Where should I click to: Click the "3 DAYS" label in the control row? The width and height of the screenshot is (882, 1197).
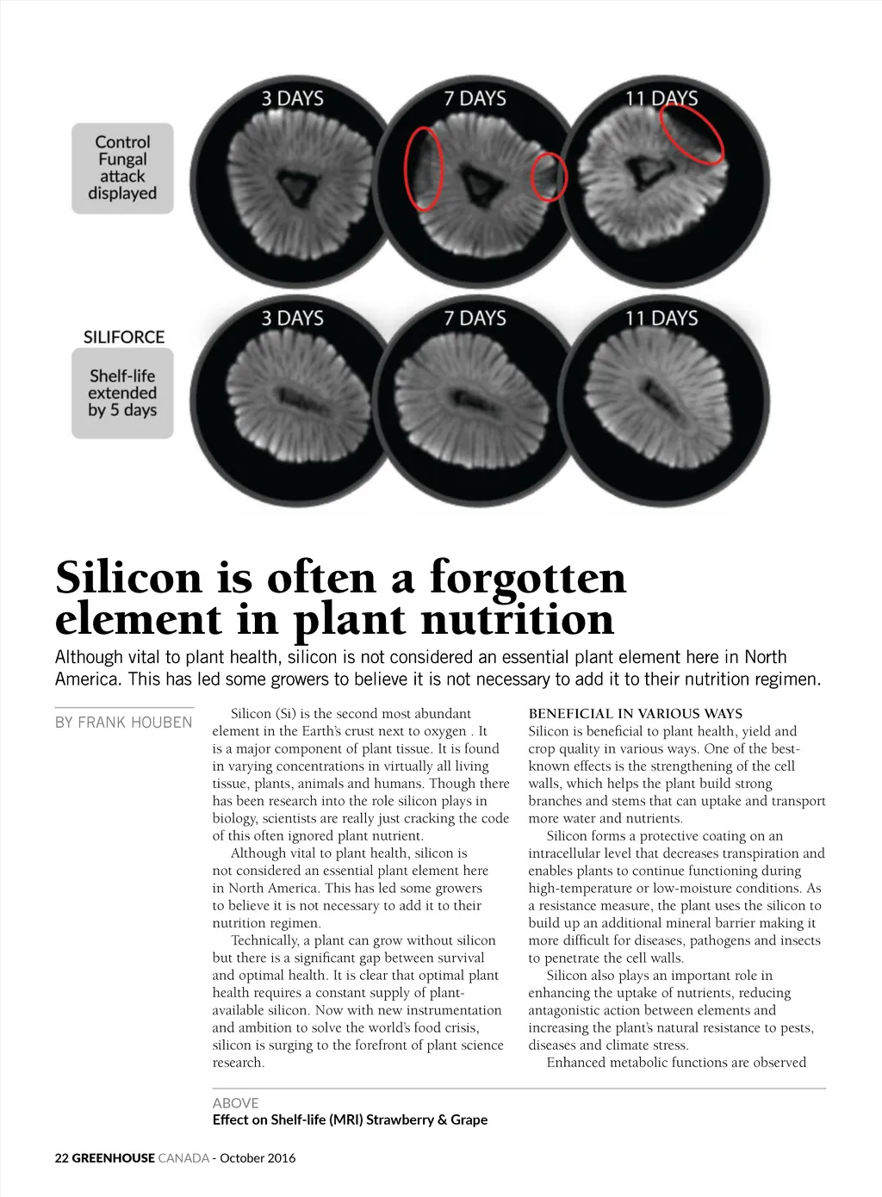point(293,98)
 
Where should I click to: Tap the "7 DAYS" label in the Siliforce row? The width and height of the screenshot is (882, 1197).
point(475,318)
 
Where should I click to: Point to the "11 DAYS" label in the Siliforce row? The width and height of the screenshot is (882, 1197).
point(661,318)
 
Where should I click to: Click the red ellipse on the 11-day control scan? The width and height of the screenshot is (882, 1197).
point(692,134)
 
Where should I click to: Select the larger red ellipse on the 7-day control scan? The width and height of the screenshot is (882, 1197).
point(424,169)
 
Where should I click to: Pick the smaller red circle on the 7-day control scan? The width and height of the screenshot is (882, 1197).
point(549,177)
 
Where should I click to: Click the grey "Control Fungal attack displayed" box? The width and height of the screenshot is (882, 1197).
point(122,168)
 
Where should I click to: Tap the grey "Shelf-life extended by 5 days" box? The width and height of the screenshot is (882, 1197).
point(122,393)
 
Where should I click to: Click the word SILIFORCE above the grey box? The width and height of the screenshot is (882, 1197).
point(124,337)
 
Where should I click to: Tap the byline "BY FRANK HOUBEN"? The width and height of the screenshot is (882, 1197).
point(124,723)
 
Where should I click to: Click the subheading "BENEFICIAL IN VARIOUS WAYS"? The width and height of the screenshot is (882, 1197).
point(635,713)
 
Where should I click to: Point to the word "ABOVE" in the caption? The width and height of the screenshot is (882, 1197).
point(235,1103)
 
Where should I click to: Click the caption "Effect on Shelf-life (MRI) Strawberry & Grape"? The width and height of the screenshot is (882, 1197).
point(350,1119)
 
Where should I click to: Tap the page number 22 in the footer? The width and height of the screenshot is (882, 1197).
point(61,1158)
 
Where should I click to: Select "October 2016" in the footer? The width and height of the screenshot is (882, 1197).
point(258,1158)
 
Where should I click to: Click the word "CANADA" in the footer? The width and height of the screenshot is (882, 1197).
point(183,1158)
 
